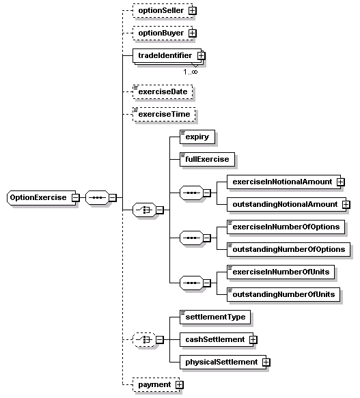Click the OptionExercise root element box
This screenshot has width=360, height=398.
(x=38, y=198)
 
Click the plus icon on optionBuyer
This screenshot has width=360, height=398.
(x=192, y=33)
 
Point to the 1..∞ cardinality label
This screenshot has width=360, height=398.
(x=191, y=71)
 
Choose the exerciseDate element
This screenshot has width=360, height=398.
(x=162, y=91)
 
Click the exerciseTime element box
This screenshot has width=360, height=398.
(x=163, y=114)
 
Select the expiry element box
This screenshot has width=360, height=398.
(x=196, y=137)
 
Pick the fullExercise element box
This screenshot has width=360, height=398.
(x=206, y=159)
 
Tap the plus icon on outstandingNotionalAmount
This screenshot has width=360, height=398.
(x=346, y=204)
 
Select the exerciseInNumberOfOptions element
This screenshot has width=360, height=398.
(x=285, y=227)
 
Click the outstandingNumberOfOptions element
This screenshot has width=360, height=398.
(x=288, y=249)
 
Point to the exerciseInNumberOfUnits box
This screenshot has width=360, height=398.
(x=280, y=272)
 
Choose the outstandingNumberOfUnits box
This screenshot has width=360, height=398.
(x=283, y=294)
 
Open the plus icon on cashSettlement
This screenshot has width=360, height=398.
(x=253, y=339)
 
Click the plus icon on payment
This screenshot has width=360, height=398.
(x=180, y=385)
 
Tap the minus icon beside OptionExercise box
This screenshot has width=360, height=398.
(x=75, y=198)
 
